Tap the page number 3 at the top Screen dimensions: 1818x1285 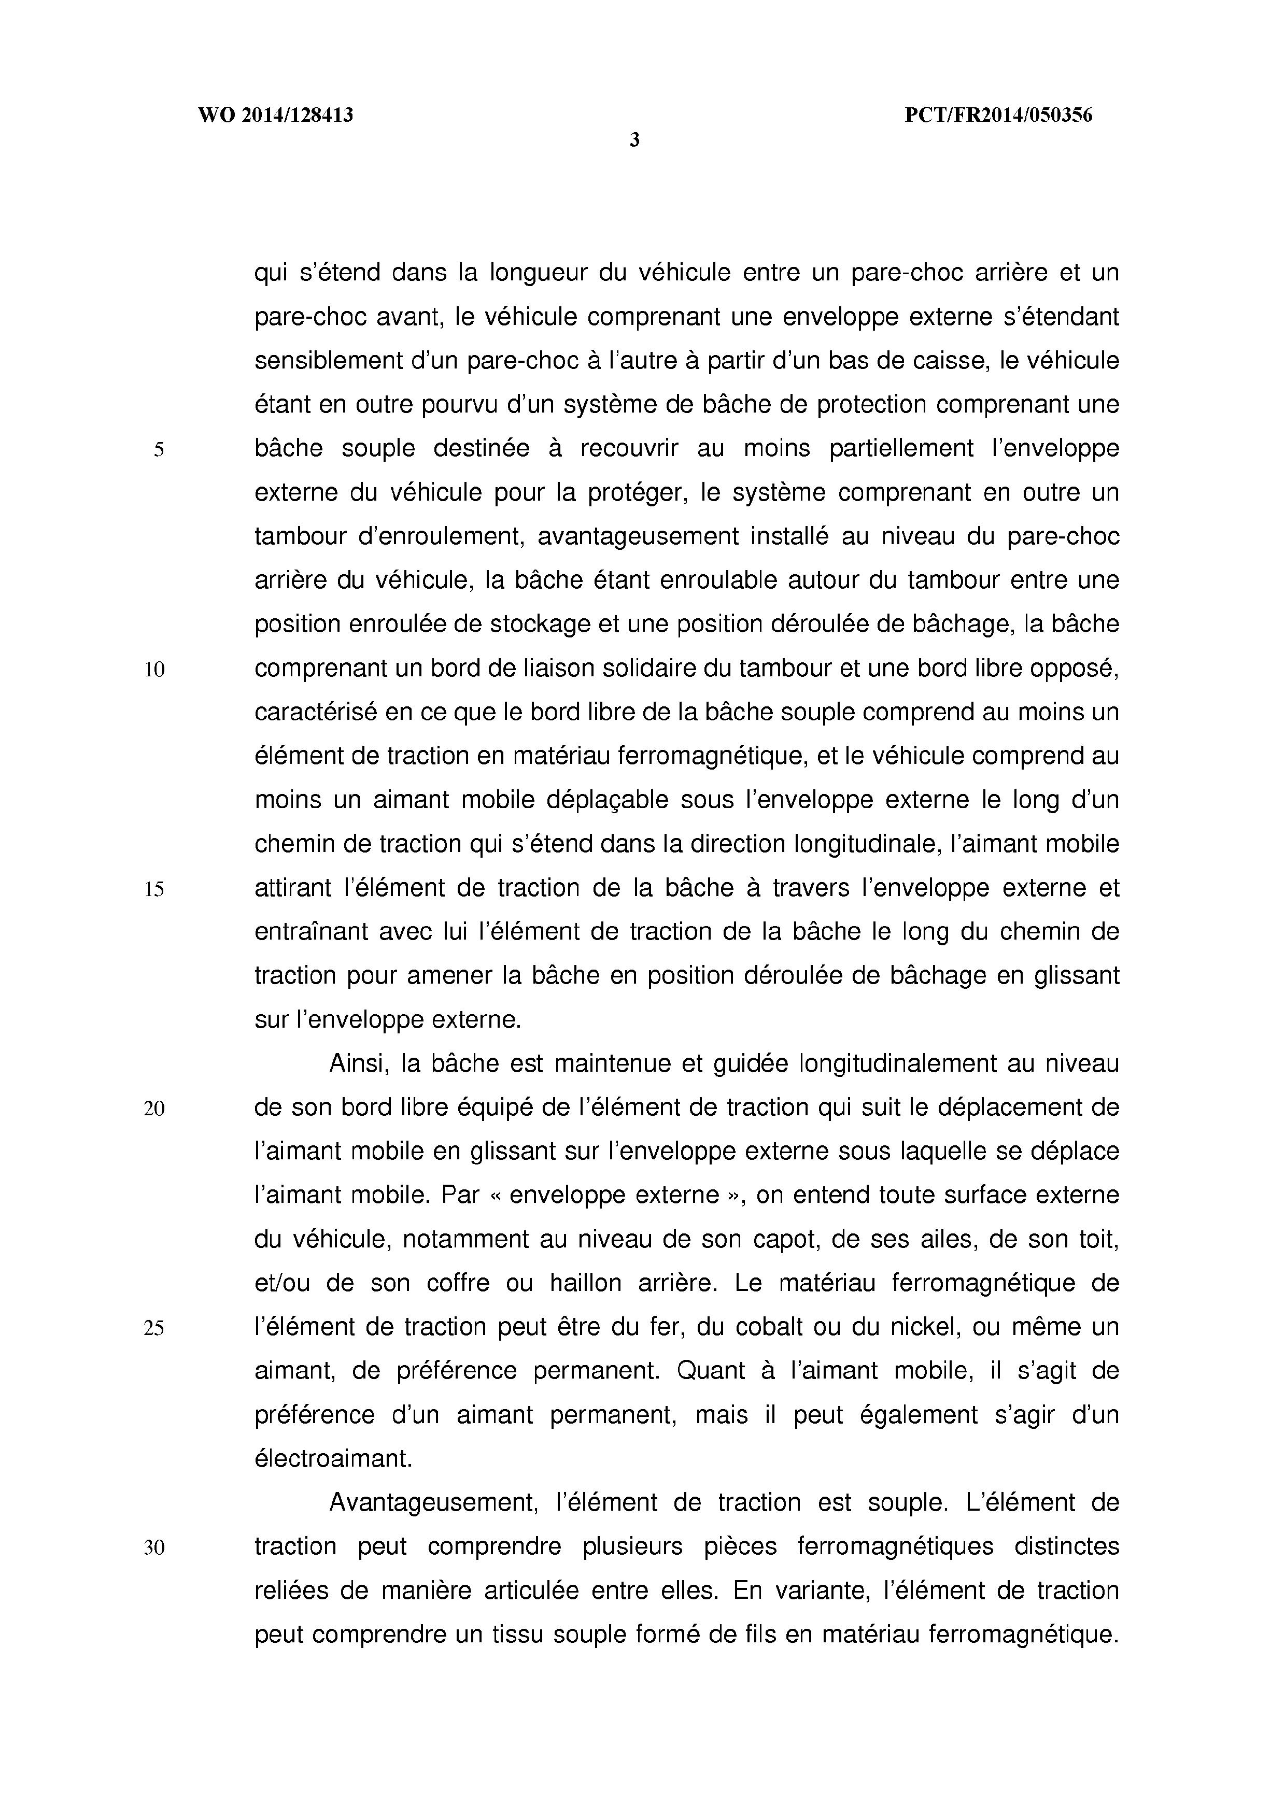[634, 141]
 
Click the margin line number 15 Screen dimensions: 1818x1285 [154, 890]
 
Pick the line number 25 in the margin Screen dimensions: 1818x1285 [154, 1329]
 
